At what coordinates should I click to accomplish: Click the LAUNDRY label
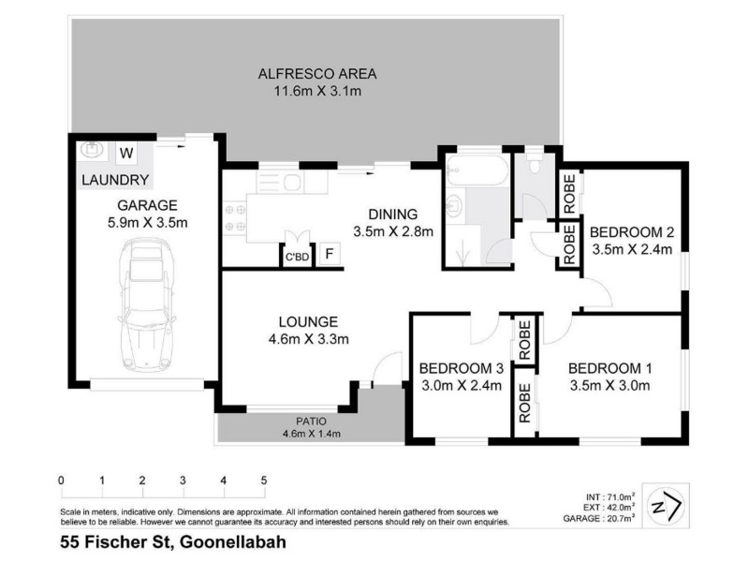pos(114,179)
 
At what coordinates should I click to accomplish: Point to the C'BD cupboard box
pos(297,256)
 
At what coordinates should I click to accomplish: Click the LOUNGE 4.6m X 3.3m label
pos(296,330)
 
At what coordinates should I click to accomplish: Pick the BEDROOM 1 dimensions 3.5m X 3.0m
pos(609,384)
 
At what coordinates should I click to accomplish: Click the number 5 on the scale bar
pos(264,481)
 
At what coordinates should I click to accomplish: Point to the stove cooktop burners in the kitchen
pos(234,217)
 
